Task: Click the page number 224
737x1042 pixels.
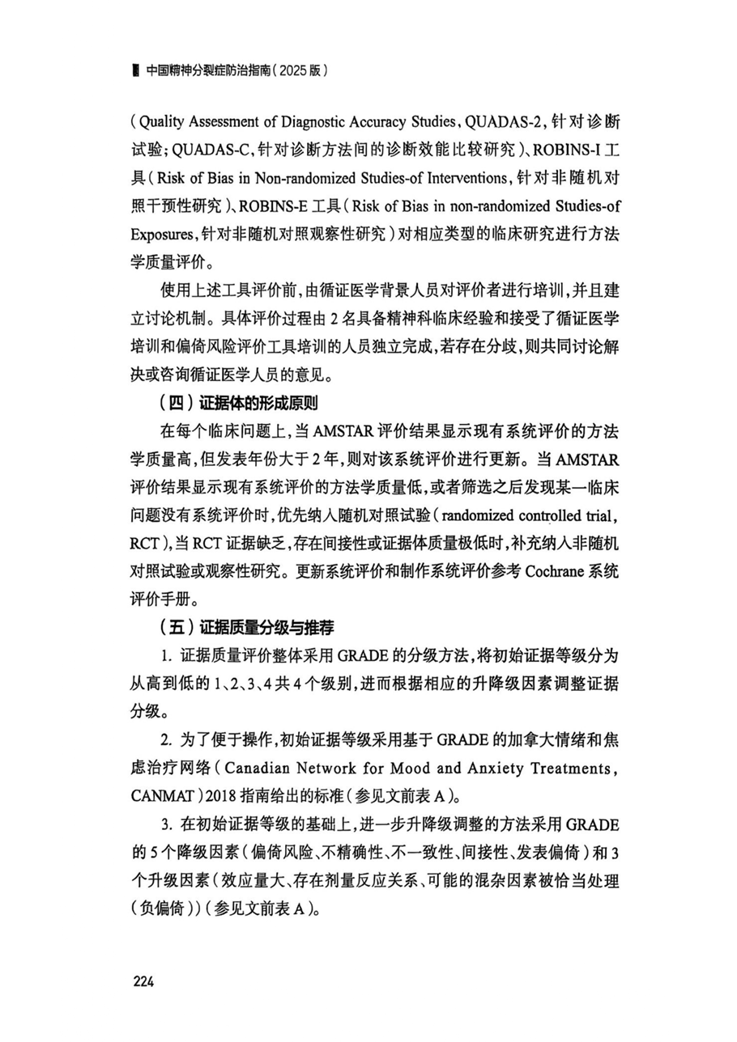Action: click(x=143, y=982)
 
